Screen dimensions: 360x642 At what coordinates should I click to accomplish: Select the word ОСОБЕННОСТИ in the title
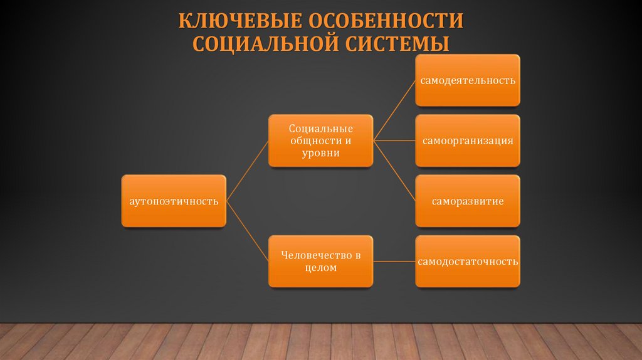(x=385, y=20)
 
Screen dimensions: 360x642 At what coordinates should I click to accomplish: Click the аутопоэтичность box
(x=174, y=201)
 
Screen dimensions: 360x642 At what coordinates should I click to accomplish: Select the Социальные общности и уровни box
(x=320, y=140)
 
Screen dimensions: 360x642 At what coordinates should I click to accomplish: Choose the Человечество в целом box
(x=320, y=261)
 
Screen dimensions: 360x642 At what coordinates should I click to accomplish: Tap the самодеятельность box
(x=468, y=80)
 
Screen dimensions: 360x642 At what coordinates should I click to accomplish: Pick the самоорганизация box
(x=468, y=140)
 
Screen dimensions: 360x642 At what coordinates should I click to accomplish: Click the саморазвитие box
(x=468, y=201)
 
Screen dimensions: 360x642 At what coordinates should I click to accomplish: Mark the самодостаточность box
(x=468, y=261)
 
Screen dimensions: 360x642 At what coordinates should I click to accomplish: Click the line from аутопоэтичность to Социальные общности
(x=248, y=171)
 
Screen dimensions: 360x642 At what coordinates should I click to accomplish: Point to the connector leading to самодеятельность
(x=394, y=111)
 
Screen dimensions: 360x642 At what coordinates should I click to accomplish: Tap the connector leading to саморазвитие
(x=394, y=171)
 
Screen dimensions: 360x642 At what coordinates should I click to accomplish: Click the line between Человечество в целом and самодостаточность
(x=394, y=261)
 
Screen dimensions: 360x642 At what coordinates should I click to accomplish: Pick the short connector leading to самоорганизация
(x=394, y=140)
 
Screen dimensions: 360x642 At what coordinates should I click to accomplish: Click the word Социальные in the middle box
(x=320, y=128)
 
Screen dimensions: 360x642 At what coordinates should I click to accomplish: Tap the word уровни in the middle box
(x=320, y=153)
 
